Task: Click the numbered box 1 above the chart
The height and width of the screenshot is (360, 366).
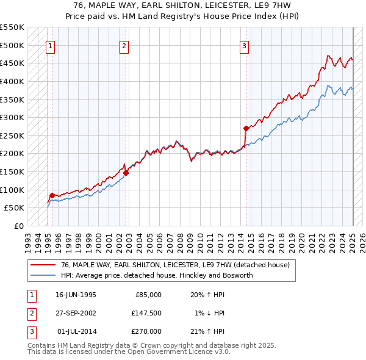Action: click(49, 45)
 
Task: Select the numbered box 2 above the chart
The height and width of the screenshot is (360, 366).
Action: click(124, 45)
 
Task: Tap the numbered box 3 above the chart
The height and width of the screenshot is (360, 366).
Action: click(244, 45)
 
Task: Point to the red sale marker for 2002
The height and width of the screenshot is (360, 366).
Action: click(126, 173)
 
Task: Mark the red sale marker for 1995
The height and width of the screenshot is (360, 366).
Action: click(52, 195)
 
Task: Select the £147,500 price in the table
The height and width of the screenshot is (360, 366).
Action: click(147, 313)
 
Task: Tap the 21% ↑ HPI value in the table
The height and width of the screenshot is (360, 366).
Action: click(207, 331)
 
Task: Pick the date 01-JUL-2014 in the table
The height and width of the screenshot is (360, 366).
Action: click(76, 331)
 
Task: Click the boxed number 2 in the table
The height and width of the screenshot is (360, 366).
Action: click(30, 313)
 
